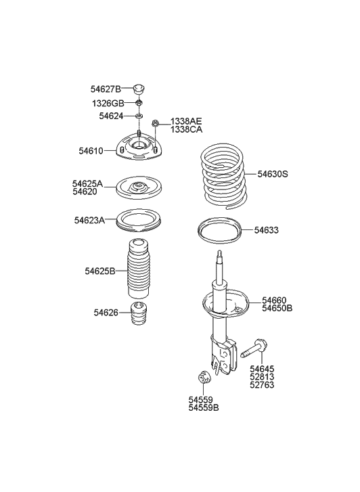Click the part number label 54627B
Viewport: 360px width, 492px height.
(x=106, y=89)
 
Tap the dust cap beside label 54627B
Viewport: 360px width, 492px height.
(x=139, y=89)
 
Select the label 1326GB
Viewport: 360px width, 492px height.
(x=108, y=103)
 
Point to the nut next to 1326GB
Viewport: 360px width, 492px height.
(x=139, y=103)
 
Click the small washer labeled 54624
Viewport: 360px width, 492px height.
(x=139, y=116)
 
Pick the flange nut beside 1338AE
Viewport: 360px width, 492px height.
(x=156, y=124)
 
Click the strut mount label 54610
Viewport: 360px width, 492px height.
(x=89, y=151)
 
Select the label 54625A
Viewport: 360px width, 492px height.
(x=88, y=183)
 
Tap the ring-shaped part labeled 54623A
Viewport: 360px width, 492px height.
(x=139, y=221)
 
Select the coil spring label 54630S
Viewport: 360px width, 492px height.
(x=272, y=174)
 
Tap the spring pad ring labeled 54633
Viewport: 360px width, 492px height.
(x=221, y=231)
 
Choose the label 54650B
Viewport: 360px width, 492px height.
(x=277, y=308)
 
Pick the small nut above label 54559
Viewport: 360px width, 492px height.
(x=201, y=377)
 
